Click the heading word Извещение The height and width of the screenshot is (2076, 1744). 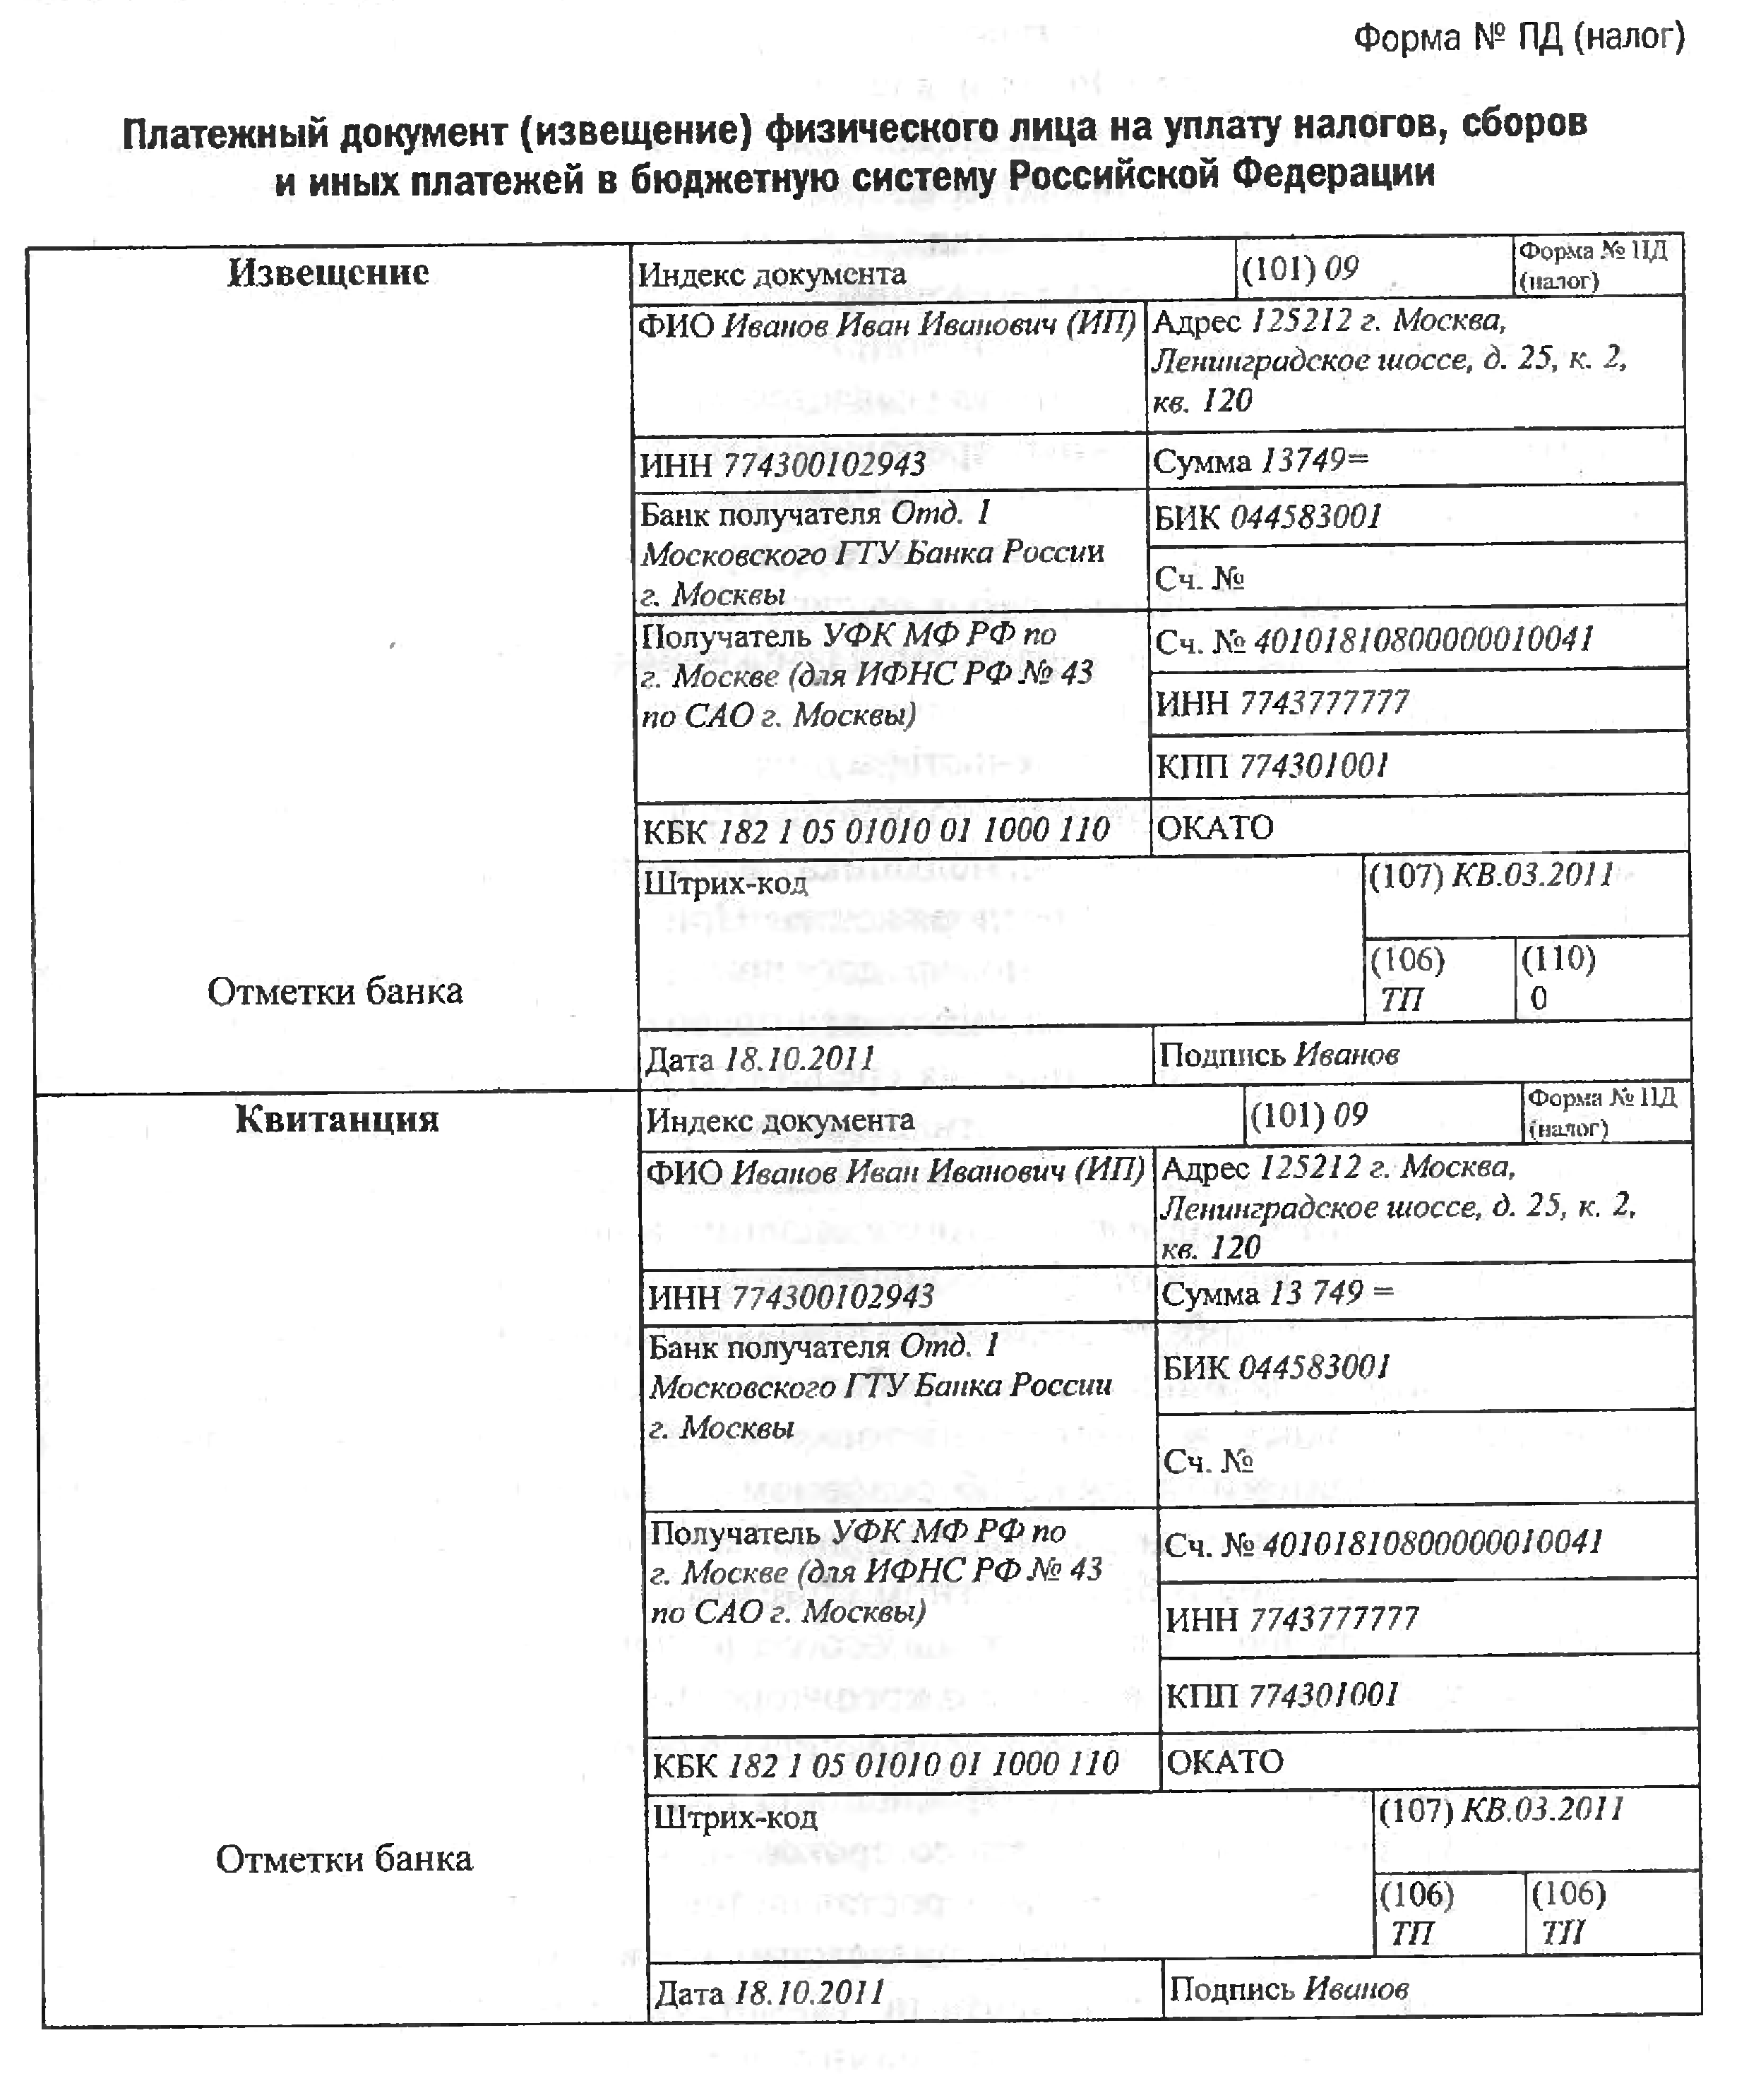328,273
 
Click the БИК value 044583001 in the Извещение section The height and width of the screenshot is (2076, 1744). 1305,517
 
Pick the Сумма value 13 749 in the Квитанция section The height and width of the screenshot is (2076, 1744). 1315,1293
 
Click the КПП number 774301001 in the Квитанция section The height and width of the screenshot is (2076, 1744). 1323,1696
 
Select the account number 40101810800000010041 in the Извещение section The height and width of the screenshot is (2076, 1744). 1423,641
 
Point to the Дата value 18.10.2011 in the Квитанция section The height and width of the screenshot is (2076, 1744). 808,1992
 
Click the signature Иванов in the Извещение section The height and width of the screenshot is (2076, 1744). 1346,1055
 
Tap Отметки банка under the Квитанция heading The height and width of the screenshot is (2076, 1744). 344,1859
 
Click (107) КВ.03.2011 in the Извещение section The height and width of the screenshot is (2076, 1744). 1491,875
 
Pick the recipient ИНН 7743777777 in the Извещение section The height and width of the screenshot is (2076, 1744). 1324,703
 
